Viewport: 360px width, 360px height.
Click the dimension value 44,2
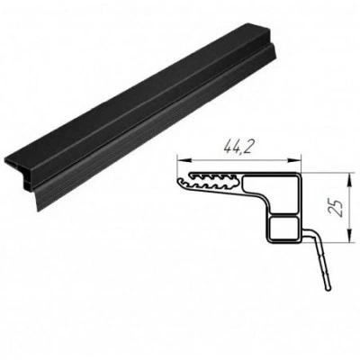point(237,147)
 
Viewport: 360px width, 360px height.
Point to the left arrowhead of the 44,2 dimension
point(182,160)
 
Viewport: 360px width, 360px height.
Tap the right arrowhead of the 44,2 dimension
point(294,160)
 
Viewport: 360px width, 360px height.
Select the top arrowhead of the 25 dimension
point(349,179)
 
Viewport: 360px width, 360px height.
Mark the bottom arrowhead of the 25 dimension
point(349,236)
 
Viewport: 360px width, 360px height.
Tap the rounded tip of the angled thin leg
point(328,288)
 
